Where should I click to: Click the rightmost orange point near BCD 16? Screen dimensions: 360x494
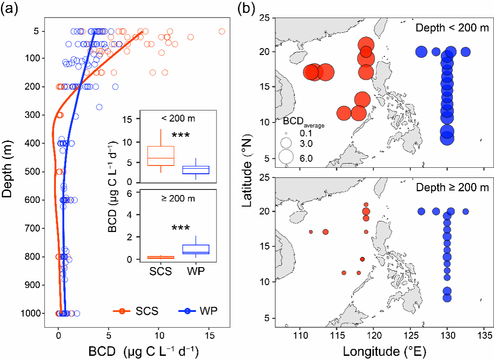222,31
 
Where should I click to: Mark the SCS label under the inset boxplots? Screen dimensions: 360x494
161,271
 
